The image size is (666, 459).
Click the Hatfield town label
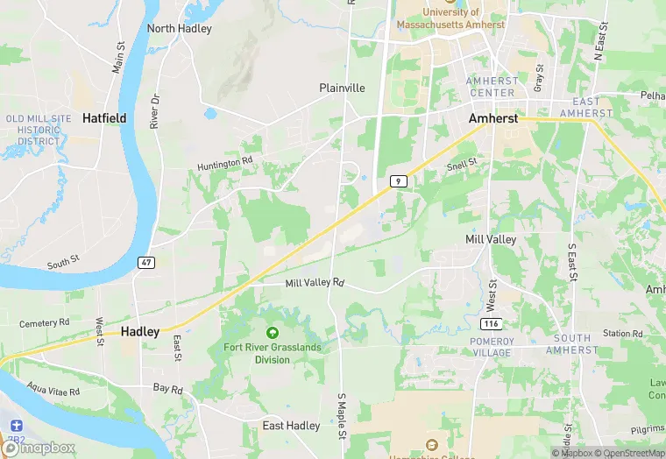coord(104,117)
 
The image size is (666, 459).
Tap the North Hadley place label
coord(180,29)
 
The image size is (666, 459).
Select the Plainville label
coord(342,88)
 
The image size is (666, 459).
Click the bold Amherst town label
coord(493,117)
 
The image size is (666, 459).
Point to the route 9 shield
coord(399,180)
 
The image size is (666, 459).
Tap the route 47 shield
coord(145,262)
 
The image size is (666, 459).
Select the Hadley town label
coord(140,332)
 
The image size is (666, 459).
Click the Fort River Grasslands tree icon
coord(273,333)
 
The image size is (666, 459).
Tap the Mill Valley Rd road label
coord(315,283)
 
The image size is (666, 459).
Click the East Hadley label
coord(291,426)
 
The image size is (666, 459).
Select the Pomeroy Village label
coord(491,347)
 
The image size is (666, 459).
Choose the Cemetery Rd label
coord(44,322)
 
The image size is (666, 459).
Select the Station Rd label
coord(623,334)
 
